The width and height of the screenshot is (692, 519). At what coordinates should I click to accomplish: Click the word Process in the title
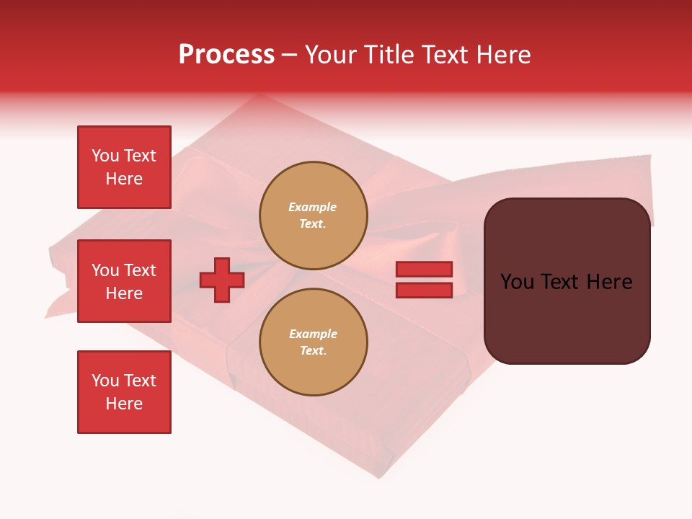tap(226, 55)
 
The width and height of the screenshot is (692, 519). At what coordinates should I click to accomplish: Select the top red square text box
tap(124, 167)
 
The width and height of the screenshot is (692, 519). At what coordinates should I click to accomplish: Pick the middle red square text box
tap(124, 281)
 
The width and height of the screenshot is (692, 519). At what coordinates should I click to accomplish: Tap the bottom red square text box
tap(124, 392)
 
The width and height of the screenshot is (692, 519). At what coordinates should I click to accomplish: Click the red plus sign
tap(222, 280)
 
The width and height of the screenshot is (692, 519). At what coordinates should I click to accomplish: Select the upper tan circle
tap(313, 216)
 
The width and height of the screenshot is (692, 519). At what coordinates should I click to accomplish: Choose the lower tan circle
tap(313, 342)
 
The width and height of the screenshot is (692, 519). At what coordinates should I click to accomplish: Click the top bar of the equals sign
tap(425, 270)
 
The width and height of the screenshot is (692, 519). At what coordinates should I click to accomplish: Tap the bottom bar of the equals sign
tap(425, 290)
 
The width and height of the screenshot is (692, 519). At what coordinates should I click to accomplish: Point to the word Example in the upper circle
tap(313, 208)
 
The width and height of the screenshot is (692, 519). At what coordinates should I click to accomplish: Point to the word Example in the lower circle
tap(313, 334)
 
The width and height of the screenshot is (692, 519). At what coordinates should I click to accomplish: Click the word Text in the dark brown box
tap(565, 282)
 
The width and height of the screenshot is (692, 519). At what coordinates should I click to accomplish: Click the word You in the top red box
tap(105, 156)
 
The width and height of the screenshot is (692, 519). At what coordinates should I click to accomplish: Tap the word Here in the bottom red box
tap(124, 404)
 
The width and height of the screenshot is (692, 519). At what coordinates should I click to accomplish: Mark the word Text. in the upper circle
tap(313, 224)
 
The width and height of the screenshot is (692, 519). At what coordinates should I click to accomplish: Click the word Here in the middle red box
tap(124, 293)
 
